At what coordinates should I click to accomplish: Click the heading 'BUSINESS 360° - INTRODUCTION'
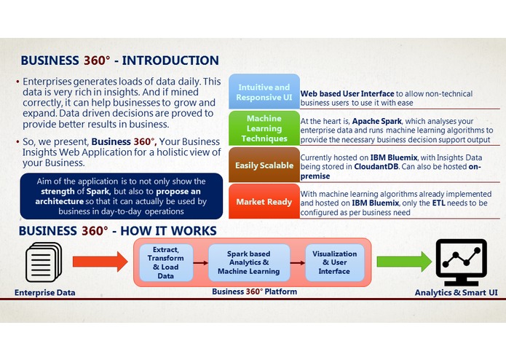click(119, 60)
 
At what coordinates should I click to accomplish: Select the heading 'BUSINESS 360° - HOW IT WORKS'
click(117, 231)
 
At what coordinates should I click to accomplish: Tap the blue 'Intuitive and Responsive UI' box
click(263, 93)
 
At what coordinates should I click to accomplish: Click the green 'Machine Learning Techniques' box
click(263, 129)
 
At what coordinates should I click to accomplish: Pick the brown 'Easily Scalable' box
click(263, 165)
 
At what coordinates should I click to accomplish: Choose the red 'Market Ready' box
click(263, 202)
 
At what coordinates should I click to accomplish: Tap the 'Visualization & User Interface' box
click(334, 262)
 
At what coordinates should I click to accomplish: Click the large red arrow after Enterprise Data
click(99, 261)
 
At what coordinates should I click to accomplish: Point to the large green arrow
click(404, 261)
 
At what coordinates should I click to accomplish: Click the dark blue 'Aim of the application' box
click(121, 196)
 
